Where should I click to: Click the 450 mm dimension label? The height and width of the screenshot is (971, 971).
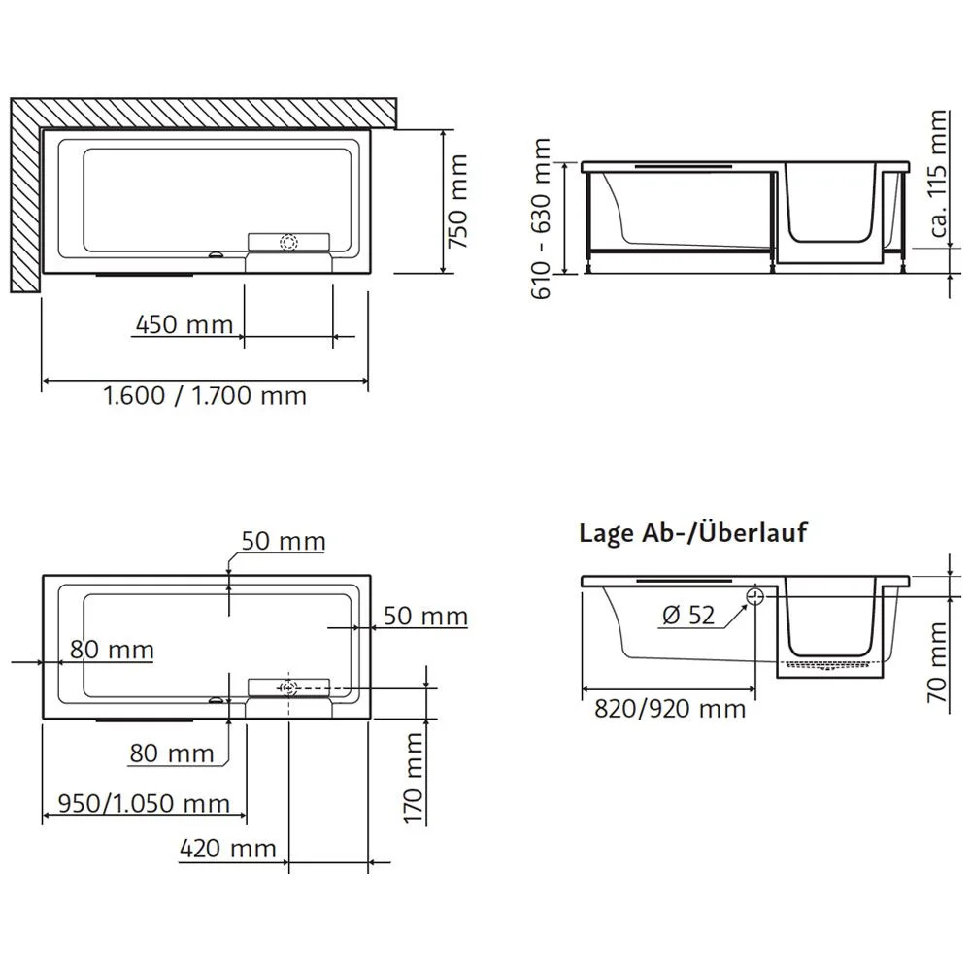[183, 323]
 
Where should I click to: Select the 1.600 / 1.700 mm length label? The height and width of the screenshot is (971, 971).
[205, 396]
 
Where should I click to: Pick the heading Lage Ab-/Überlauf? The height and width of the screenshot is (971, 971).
[693, 533]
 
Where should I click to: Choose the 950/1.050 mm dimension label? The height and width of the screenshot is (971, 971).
[144, 803]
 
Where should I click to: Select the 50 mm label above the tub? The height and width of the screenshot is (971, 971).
[284, 541]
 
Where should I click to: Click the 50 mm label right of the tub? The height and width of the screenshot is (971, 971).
[425, 616]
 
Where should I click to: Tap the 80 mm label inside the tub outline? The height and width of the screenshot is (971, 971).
[111, 649]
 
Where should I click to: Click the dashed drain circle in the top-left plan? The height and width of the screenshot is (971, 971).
[288, 243]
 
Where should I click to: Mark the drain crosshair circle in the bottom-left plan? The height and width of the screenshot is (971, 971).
[288, 687]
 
